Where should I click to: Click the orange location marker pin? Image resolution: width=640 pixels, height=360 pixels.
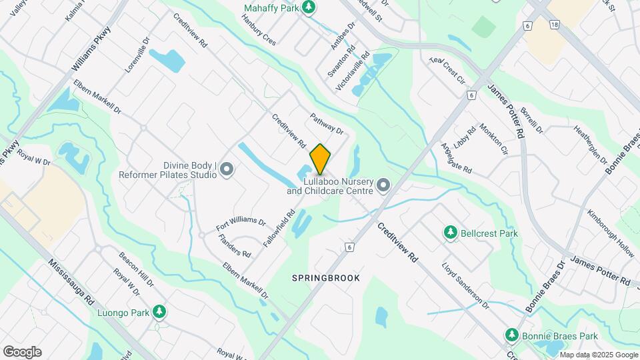320,159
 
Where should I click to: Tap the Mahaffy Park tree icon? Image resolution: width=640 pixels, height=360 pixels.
308,7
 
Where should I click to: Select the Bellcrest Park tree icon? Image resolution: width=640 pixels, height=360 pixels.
451,233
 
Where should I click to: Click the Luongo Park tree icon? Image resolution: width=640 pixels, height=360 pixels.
159,311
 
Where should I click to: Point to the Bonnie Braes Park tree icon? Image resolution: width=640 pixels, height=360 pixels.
512,335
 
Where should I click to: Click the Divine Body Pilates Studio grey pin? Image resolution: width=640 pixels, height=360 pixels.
227,170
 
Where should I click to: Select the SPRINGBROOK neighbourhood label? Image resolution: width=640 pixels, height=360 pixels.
326,277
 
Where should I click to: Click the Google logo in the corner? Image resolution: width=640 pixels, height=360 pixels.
22,352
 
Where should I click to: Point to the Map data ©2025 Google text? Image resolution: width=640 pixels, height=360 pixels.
599,355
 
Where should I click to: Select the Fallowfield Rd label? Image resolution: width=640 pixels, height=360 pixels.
279,229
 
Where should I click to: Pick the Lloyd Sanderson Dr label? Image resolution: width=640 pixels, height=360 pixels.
465,285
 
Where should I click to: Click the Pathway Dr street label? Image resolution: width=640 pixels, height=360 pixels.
326,123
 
